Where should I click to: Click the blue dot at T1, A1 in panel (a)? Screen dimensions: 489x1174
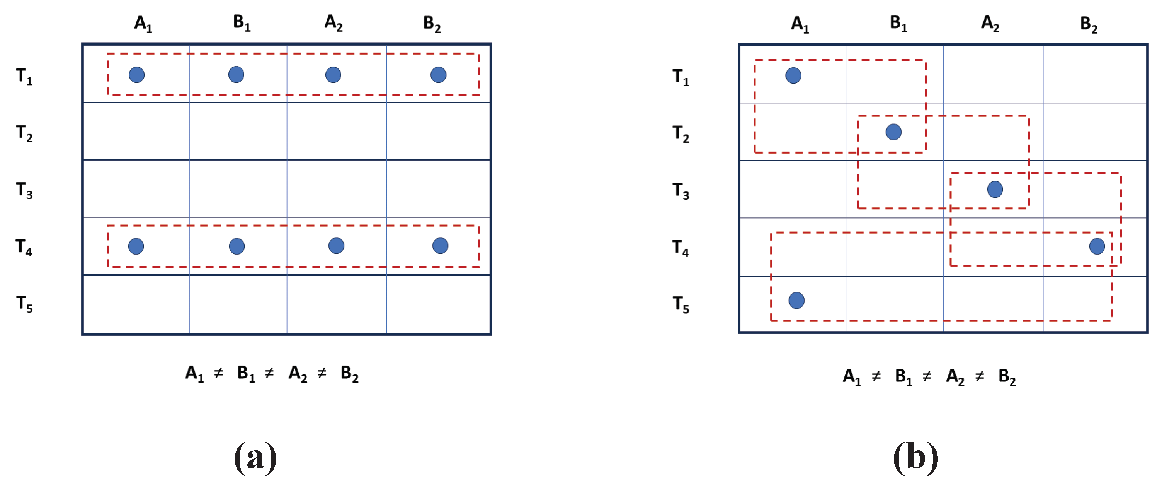pos(137,75)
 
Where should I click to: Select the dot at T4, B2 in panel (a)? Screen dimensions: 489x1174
pos(440,246)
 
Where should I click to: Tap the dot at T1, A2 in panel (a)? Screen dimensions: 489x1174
pos(333,75)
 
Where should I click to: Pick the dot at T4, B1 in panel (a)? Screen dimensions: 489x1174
pos(237,246)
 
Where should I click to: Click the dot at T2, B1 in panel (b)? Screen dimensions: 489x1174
pos(893,132)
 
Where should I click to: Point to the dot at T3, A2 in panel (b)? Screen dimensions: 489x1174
pos(995,189)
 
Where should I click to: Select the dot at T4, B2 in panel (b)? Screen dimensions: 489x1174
pos(1097,246)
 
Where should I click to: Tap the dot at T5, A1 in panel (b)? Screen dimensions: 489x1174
pos(796,301)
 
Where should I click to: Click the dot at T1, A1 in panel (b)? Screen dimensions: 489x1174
pos(793,76)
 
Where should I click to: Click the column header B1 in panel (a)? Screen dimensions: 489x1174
pos(242,23)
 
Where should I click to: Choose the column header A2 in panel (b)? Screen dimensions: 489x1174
pos(990,23)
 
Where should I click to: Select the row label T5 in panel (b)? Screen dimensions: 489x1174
pos(681,304)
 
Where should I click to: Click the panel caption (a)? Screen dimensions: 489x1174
pos(255,458)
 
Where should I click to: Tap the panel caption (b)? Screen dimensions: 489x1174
pos(915,458)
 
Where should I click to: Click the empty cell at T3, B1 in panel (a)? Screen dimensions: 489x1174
pos(238,188)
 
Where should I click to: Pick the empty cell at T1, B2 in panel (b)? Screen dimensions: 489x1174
pos(1095,74)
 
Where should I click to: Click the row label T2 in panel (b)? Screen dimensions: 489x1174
pos(681,133)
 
